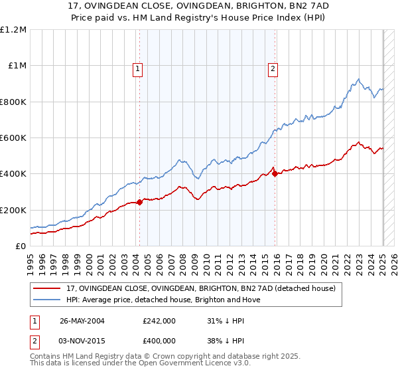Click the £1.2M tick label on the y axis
[13, 30]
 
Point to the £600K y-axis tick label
[13, 138]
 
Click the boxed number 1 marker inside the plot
[137, 68]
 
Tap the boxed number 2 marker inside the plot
[273, 68]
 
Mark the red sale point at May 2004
[139, 203]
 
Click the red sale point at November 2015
[275, 174]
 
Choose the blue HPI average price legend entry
[163, 300]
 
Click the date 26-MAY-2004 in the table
[82, 321]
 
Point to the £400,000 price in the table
[159, 340]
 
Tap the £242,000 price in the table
[159, 321]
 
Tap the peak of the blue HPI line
[358, 80]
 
